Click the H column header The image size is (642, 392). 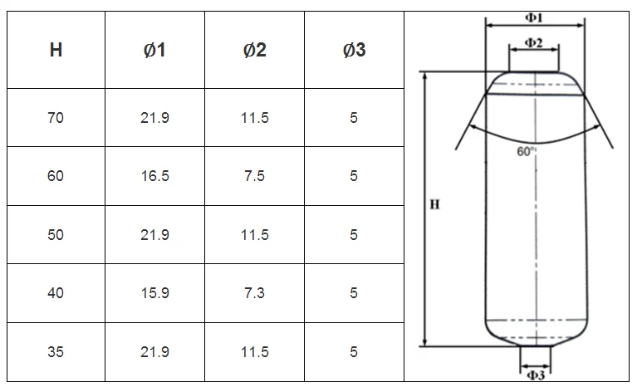tap(56, 50)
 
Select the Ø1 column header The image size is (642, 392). tap(154, 50)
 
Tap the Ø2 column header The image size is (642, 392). tap(255, 50)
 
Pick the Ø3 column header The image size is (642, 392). tap(354, 50)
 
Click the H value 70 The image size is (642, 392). tap(56, 118)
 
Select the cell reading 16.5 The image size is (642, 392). tap(154, 176)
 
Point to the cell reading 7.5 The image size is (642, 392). tap(255, 176)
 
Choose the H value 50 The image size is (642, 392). tap(56, 235)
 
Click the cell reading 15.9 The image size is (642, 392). tap(154, 293)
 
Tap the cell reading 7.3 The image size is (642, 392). tap(255, 293)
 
